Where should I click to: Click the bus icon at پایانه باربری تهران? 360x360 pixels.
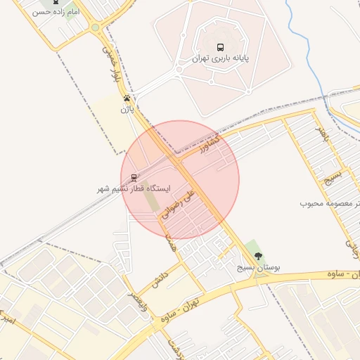(221, 48)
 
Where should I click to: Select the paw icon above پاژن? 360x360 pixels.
(127, 98)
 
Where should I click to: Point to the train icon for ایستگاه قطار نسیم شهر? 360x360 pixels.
(134, 178)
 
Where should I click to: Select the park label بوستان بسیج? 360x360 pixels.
(257, 269)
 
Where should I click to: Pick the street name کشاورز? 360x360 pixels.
(209, 146)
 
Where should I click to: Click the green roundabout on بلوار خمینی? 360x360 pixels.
(95, 27)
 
